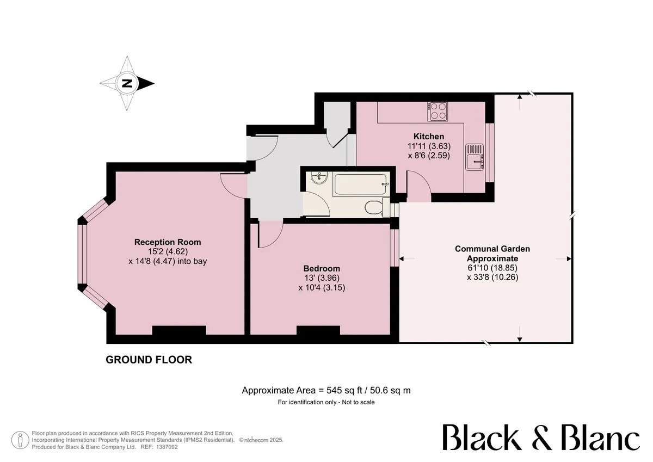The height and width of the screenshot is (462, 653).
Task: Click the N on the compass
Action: click(x=127, y=83)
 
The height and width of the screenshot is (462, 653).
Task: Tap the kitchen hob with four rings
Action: click(x=438, y=112)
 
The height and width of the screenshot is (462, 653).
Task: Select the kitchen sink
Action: click(x=475, y=157)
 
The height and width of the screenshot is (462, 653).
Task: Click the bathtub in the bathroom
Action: click(x=360, y=184)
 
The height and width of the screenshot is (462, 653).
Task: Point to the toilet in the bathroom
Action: click(x=377, y=207)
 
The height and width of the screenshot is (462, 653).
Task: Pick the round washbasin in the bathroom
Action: click(x=319, y=177)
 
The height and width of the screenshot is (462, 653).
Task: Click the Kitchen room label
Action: click(x=429, y=137)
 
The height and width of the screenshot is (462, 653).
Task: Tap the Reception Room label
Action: click(x=168, y=242)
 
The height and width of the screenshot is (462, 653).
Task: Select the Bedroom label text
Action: click(x=322, y=268)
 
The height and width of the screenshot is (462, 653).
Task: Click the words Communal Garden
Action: click(x=492, y=249)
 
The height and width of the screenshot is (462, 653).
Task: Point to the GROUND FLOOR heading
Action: click(x=149, y=360)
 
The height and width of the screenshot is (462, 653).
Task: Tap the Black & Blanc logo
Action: click(x=541, y=437)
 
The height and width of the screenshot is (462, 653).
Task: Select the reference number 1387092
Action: click(x=168, y=447)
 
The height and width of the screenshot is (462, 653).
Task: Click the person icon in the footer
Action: click(x=21, y=440)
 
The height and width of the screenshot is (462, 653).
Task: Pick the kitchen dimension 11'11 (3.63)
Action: click(x=429, y=146)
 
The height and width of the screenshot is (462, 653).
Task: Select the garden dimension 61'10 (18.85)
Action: click(x=492, y=268)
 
